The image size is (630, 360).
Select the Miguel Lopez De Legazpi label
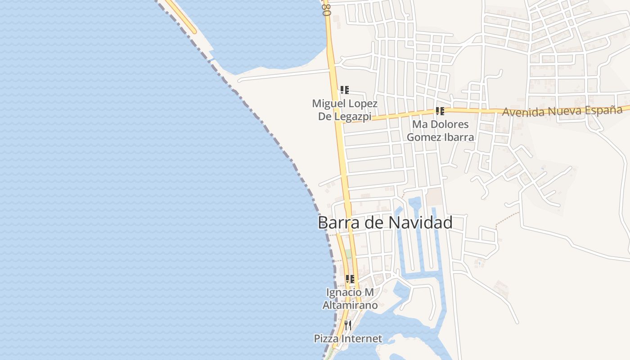(345, 110)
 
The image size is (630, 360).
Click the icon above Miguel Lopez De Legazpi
(345, 90)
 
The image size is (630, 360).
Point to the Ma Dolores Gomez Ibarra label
(441, 130)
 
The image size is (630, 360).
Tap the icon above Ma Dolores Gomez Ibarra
(440, 111)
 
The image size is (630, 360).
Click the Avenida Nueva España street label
(565, 111)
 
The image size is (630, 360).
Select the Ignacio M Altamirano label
(350, 299)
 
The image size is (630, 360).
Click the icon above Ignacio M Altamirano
(350, 279)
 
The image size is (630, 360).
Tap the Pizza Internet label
(348, 338)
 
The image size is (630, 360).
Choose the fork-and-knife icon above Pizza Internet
(348, 325)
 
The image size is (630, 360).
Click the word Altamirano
(350, 305)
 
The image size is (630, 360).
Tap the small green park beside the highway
(348, 254)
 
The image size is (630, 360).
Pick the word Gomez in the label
(423, 137)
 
